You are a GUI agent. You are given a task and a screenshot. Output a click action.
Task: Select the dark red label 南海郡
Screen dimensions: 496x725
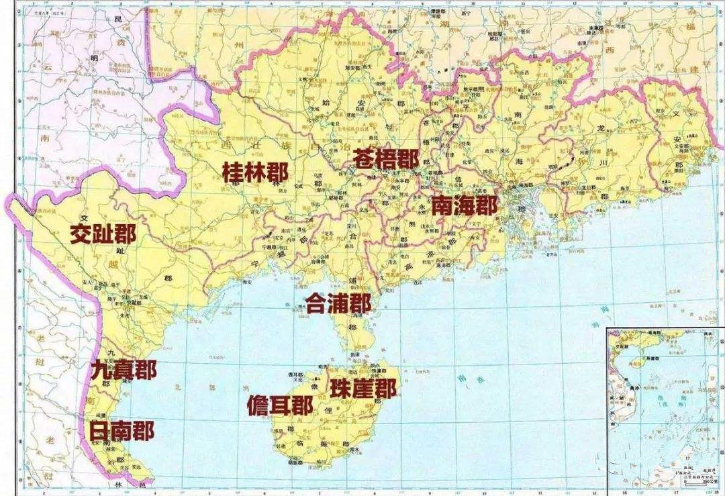464,205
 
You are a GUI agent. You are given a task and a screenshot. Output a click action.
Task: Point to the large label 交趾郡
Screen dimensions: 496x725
103,234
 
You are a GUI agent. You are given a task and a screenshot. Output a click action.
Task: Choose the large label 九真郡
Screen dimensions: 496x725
124,370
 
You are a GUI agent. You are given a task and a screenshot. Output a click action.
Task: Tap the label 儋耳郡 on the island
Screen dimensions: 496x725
279,406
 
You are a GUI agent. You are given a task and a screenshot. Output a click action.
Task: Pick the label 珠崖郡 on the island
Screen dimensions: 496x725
362,388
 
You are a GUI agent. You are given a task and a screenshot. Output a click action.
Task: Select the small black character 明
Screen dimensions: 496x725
93,58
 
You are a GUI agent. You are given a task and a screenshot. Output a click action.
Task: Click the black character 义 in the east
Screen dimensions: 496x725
675,114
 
